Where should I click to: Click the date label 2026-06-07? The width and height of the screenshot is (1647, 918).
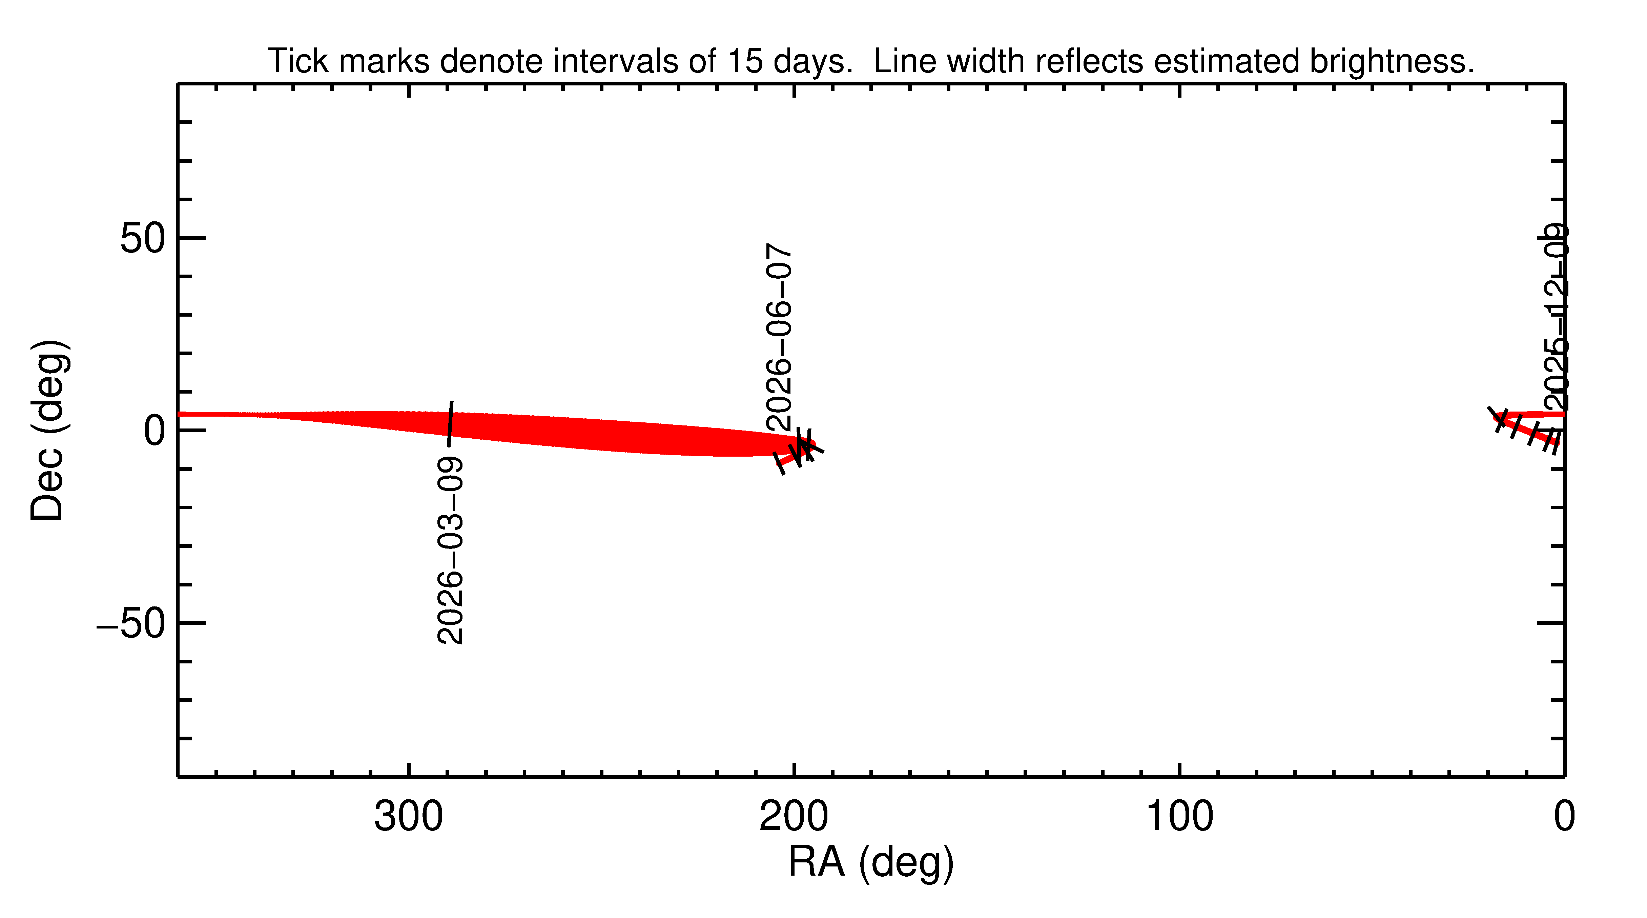pos(779,337)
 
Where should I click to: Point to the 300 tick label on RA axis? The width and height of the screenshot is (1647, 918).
pos(409,817)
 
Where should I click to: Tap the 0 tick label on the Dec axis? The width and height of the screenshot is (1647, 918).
pos(155,431)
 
